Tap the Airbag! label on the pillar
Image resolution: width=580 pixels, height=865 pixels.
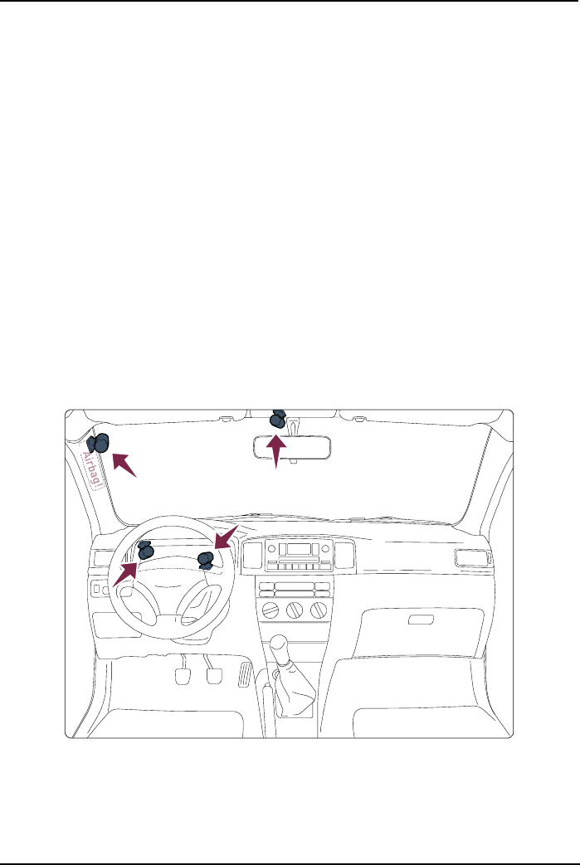coord(92,471)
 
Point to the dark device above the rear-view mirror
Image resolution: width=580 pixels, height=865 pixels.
coord(278,420)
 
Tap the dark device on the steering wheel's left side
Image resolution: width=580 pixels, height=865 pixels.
coord(145,550)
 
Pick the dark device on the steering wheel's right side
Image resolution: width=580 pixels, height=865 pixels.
coord(206,561)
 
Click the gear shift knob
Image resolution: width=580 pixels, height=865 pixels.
coord(280,645)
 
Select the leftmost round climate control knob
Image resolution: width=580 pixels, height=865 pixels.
coord(268,612)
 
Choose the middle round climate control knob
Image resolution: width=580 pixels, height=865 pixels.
coord(293,612)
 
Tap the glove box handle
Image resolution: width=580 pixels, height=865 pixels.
coord(421,620)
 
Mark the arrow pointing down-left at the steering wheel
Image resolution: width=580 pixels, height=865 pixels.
coord(225,537)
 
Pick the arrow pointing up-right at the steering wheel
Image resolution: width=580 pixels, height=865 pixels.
coord(125,571)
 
